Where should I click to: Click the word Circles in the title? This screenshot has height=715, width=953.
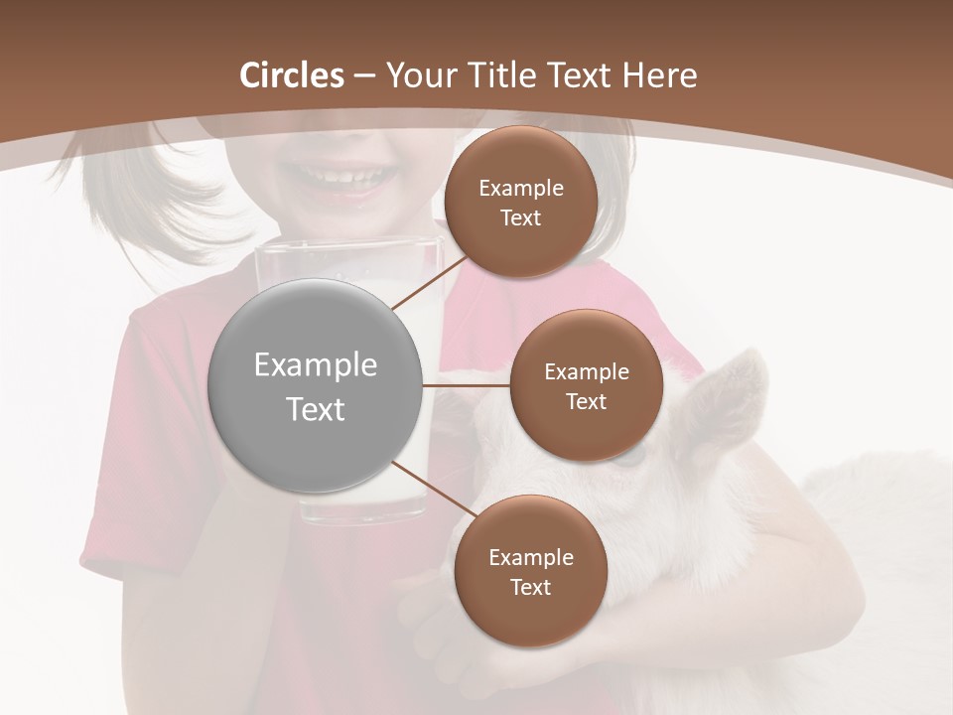point(291,75)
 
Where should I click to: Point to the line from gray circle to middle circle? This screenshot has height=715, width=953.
point(467,385)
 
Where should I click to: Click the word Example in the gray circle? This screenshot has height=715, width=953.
point(316,365)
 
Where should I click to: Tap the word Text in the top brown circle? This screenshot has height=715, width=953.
point(520,218)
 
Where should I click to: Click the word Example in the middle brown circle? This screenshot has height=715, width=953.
point(586,372)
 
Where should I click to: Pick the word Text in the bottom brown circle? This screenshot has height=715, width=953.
point(530,587)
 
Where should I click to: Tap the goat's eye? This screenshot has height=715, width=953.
point(627,458)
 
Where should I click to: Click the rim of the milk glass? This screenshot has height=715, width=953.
point(347,244)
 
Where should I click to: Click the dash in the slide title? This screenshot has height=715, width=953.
point(364,76)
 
